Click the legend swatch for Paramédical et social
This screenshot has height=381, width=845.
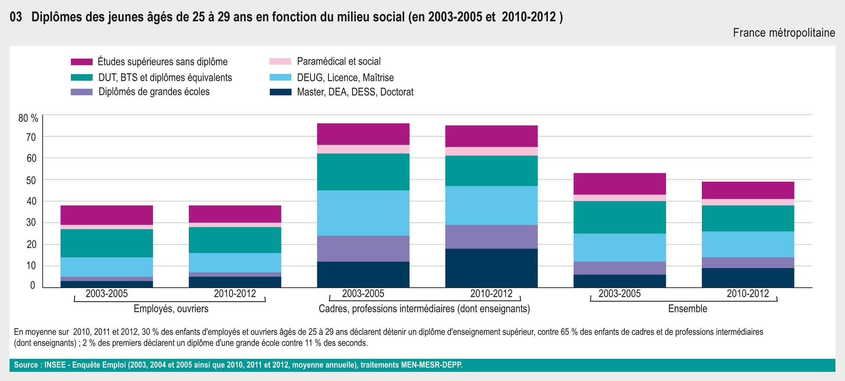(280, 61)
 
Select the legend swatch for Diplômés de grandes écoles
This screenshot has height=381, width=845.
(82, 92)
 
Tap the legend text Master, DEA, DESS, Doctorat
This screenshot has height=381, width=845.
(355, 92)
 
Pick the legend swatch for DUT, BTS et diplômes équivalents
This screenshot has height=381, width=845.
(82, 77)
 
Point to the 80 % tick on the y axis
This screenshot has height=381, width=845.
(28, 118)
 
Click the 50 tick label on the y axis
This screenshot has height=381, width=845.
(31, 180)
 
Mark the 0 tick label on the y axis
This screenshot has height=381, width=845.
(33, 285)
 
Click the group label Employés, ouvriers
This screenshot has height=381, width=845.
(171, 309)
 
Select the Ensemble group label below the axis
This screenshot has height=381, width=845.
(687, 309)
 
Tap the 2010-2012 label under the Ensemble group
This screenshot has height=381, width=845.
(748, 293)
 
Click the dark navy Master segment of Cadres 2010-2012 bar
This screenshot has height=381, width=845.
(491, 268)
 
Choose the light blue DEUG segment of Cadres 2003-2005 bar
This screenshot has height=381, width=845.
(363, 213)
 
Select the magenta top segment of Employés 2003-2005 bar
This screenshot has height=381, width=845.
(107, 215)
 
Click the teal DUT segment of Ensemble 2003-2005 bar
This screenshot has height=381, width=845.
(619, 217)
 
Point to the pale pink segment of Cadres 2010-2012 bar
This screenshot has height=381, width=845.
(491, 151)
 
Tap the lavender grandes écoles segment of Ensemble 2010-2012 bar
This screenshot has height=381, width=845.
(748, 263)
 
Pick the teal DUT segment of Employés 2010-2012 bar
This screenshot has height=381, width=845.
(235, 240)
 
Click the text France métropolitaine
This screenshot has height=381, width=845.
(784, 33)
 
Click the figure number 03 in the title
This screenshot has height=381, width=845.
(16, 17)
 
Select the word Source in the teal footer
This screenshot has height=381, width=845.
(26, 365)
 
